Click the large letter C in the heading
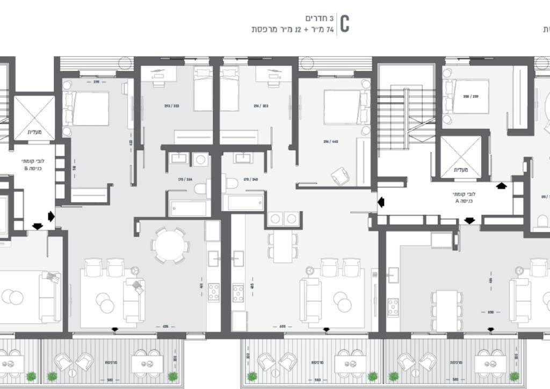[344, 24]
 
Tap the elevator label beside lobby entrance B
[34, 132]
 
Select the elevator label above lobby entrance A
[461, 170]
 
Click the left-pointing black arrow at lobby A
[381, 202]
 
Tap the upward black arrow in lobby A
[502, 186]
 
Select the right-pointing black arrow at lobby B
[51, 217]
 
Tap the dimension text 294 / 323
[260, 106]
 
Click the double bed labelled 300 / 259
[471, 97]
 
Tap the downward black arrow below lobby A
[469, 221]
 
